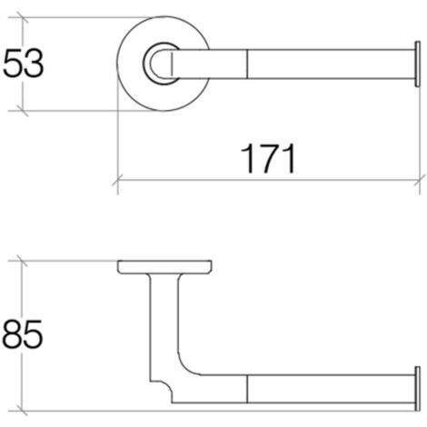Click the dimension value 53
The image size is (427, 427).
25,65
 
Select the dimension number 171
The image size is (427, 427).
269,158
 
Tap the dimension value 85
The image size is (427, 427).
25,335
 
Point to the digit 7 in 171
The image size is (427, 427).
269,158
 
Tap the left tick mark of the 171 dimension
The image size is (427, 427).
120,179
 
